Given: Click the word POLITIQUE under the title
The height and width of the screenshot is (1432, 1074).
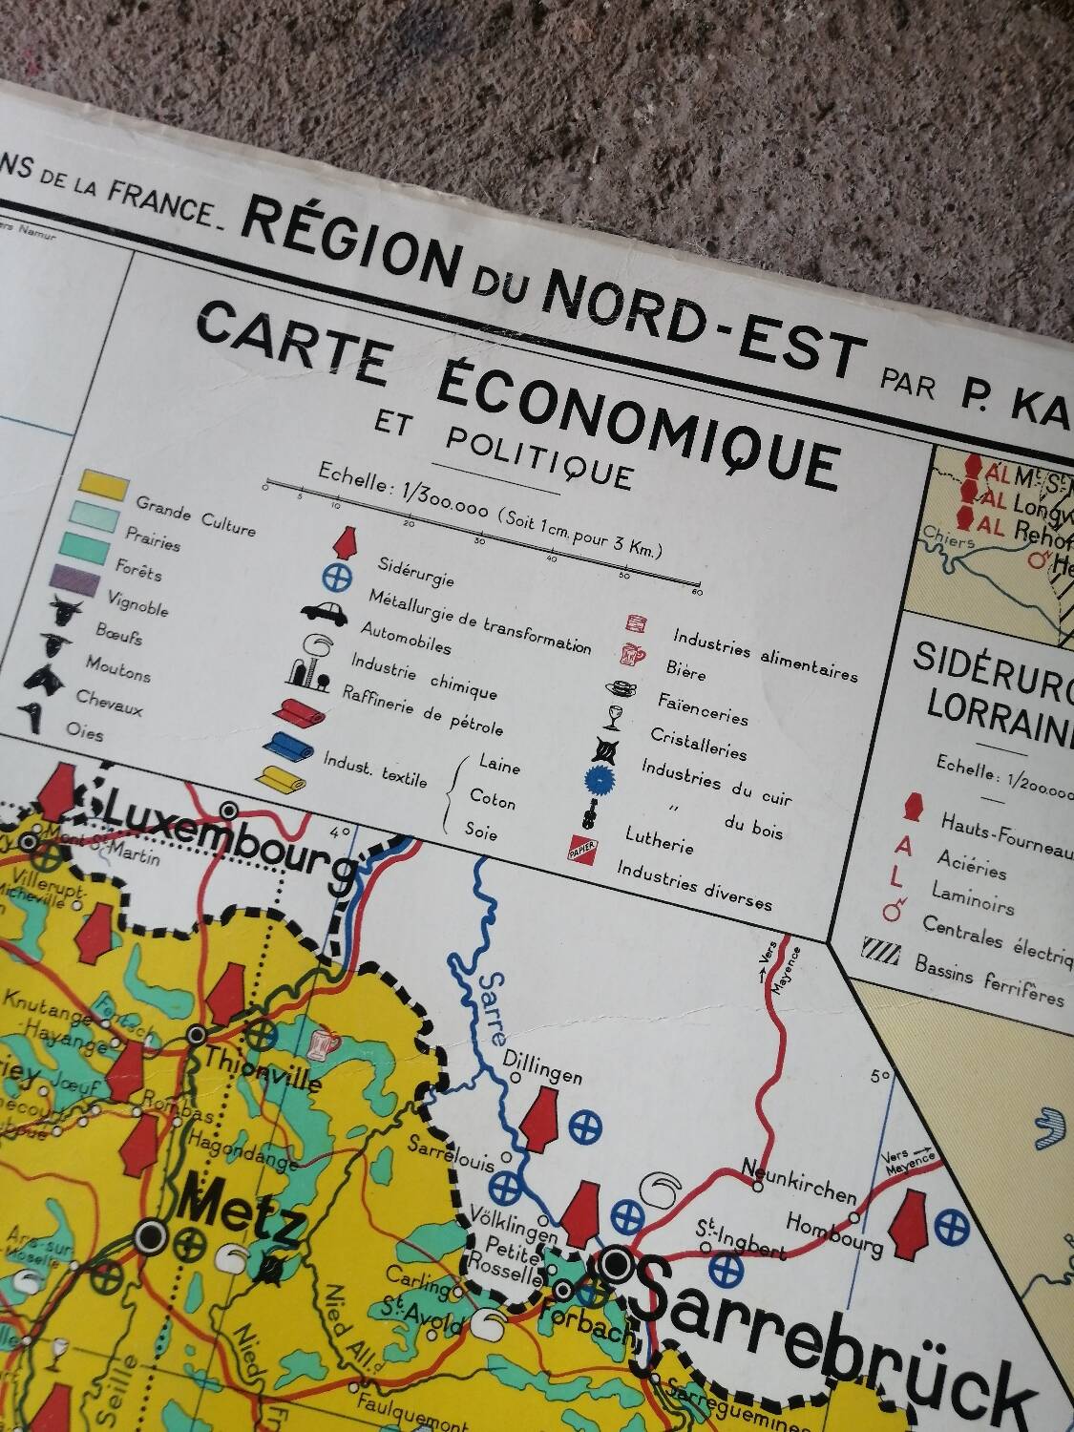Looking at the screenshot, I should (538, 454).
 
